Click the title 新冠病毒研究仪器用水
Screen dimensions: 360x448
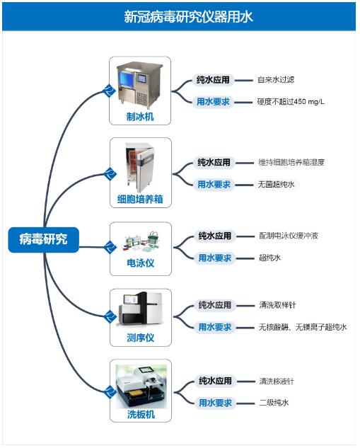(x=188, y=17)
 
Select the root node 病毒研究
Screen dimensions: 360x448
(x=43, y=239)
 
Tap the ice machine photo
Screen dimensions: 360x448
(x=139, y=85)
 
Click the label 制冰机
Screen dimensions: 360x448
(x=140, y=117)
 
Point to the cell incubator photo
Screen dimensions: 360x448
(x=139, y=168)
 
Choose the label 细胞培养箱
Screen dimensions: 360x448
(x=140, y=199)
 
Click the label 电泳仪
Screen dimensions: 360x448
(x=141, y=263)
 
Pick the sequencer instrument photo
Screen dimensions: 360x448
(x=141, y=309)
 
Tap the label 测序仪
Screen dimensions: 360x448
(x=141, y=338)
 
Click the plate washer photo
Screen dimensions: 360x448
(x=141, y=386)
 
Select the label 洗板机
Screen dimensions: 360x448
(x=141, y=414)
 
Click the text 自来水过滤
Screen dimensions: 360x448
(x=276, y=80)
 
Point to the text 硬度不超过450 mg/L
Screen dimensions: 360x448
(x=291, y=102)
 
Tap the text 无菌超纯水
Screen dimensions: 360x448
(x=276, y=184)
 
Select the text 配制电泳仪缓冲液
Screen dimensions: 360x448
(x=289, y=236)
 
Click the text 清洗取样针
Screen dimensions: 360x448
(x=277, y=305)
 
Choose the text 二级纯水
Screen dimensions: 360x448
(x=274, y=403)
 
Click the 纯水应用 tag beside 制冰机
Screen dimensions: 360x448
(x=213, y=80)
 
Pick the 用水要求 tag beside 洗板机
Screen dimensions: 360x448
(x=215, y=403)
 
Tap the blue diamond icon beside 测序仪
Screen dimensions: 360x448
(x=109, y=316)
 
